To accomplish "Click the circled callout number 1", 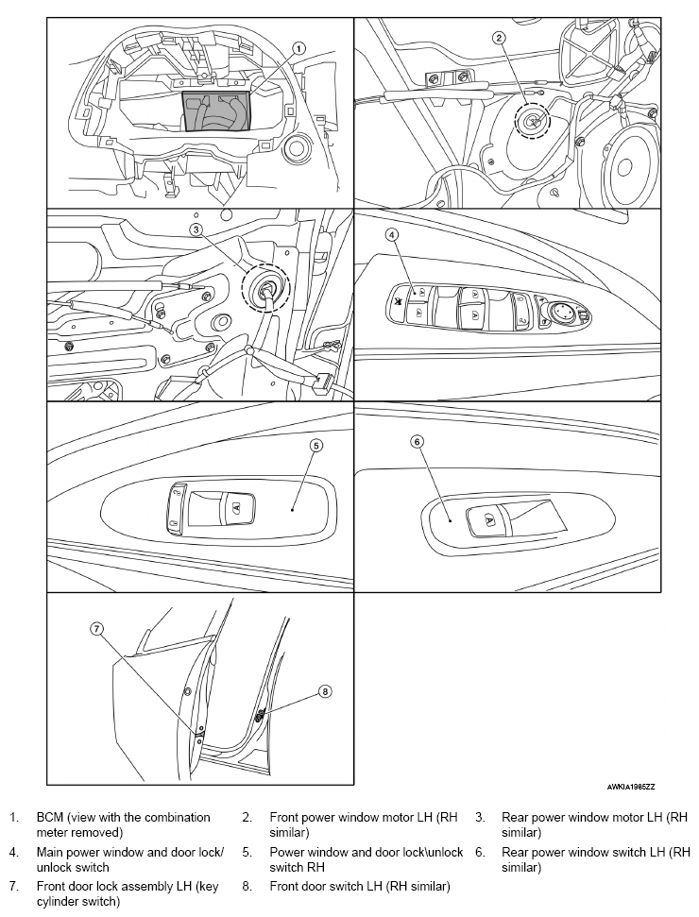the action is coord(298,48).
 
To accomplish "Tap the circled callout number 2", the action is coord(499,38).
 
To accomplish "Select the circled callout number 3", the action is coord(196,229).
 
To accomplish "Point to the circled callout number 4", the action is coord(392,235).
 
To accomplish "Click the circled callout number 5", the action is coord(315,446).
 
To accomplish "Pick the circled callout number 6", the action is coord(418,442).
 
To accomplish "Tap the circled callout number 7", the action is coord(96,629).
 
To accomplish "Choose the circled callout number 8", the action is coord(325,692).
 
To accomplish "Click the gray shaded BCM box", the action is coord(217,111).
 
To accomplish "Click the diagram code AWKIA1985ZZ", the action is coord(631,787).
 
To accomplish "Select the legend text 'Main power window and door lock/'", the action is coord(129,852).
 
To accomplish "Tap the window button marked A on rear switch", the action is coord(487,518).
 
